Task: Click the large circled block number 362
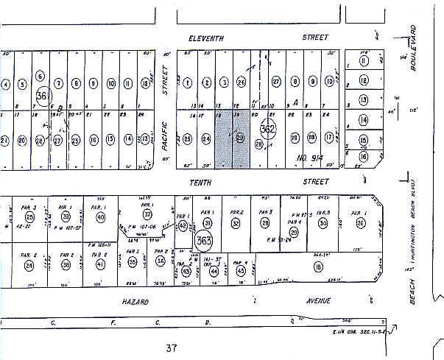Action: (x=268, y=130)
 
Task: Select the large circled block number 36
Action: (x=42, y=95)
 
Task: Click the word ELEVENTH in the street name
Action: (x=205, y=38)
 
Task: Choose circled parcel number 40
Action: (x=100, y=217)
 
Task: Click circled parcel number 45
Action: (x=242, y=270)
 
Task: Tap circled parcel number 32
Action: (x=236, y=223)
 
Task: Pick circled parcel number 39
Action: (x=66, y=217)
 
